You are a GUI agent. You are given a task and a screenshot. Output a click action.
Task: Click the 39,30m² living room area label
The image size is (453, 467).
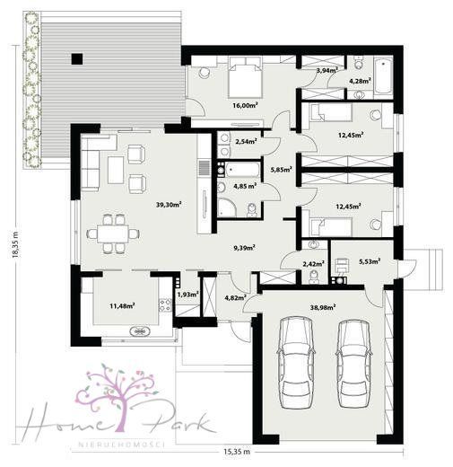pos(169,205)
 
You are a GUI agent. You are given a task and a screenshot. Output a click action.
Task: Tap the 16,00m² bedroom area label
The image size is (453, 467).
pos(245,105)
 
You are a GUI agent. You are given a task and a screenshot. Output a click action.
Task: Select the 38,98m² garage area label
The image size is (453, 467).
pos(323,307)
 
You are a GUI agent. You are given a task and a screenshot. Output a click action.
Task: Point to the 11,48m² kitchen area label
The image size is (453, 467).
pos(122,305)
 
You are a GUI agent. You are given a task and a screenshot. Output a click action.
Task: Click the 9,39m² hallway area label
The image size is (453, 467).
pos(244,248)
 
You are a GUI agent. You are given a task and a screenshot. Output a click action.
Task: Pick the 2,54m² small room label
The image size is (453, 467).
pos(247,141)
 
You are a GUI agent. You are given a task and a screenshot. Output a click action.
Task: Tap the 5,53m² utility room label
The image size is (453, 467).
pos(370,261)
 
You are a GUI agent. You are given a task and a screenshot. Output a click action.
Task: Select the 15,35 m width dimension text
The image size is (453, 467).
pos(237,452)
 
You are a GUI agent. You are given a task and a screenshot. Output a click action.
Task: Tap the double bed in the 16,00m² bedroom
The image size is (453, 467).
pos(245,77)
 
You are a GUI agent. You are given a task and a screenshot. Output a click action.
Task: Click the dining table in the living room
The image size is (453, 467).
pos(113,233)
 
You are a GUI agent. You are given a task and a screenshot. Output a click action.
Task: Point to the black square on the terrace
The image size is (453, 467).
pos(77,58)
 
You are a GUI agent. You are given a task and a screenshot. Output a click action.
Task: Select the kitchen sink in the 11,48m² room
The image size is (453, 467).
pos(140,331)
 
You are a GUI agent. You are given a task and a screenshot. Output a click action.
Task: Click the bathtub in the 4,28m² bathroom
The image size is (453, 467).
pos(383,76)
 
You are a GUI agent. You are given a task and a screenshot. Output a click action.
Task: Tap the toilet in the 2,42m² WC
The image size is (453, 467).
pos(314,276)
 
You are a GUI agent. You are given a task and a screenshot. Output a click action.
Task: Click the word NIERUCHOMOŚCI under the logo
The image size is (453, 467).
pos(121,444)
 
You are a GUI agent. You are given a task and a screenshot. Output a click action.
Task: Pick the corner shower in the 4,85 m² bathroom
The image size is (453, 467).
pos(226,207)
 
